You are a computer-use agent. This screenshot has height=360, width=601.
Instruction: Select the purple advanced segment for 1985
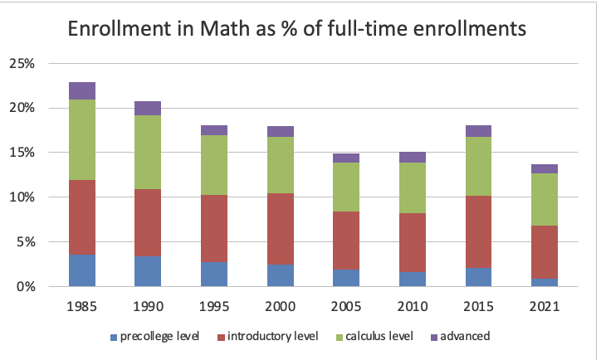(x=82, y=90)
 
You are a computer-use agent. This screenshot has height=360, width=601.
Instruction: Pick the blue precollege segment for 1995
(x=214, y=274)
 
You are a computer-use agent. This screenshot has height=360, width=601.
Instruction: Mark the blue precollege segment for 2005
(x=346, y=278)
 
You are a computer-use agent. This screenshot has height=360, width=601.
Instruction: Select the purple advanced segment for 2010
(x=412, y=157)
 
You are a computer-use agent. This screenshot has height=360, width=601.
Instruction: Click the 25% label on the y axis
(x=22, y=63)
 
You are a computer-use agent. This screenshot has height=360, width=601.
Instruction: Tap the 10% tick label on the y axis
(x=22, y=197)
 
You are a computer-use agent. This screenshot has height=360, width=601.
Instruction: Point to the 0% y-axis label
(x=26, y=287)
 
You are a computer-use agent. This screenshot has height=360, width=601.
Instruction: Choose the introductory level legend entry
(x=264, y=337)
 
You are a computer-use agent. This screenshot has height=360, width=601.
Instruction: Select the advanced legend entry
(x=461, y=337)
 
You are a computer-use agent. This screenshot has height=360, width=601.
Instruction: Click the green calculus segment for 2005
(x=346, y=187)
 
